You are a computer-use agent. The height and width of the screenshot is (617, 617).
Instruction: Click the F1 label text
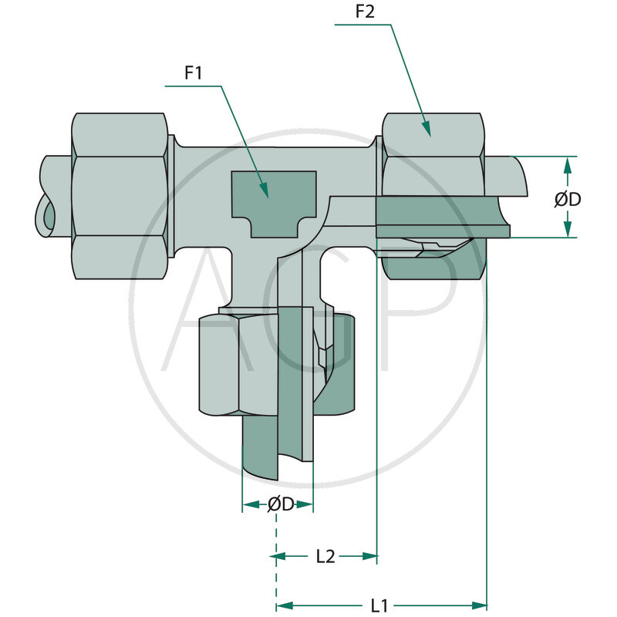coord(193,75)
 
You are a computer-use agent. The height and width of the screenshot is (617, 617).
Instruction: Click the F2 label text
coord(366,13)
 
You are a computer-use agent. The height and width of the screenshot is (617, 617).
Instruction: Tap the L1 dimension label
coord(379,605)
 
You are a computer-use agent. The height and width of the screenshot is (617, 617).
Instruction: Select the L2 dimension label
coord(325,556)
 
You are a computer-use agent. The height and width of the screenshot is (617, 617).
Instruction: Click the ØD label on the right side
coord(568,199)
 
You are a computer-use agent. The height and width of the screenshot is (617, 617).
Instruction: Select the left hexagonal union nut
coord(120,196)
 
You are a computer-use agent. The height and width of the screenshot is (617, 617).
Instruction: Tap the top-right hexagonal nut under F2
coord(433,154)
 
